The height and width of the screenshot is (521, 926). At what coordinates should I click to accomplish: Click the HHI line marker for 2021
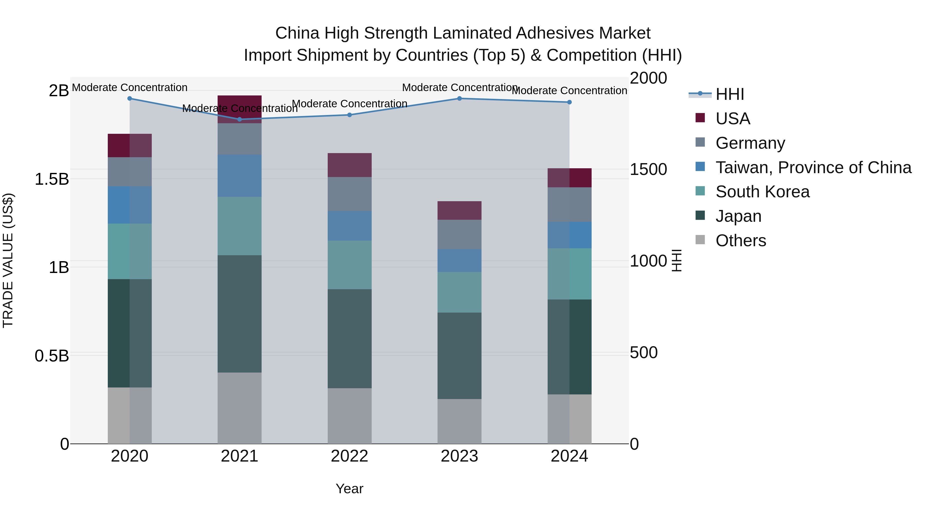(x=239, y=119)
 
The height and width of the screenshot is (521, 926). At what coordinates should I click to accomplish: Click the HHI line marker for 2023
(x=459, y=99)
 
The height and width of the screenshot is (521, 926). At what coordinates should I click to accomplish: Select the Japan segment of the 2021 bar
(x=239, y=314)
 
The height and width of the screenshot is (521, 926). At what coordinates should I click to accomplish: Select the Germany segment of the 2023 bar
(x=459, y=234)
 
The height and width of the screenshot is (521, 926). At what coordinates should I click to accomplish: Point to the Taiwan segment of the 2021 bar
(x=239, y=175)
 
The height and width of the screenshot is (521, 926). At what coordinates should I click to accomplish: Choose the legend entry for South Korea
(x=762, y=192)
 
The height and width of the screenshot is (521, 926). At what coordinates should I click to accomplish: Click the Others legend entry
(x=741, y=241)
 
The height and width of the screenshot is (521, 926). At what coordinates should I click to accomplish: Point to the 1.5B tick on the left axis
(x=51, y=179)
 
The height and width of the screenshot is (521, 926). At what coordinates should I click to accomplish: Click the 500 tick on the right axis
(x=644, y=353)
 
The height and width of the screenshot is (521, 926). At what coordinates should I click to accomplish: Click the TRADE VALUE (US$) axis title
(x=8, y=260)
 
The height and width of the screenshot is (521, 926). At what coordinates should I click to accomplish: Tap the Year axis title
(x=349, y=489)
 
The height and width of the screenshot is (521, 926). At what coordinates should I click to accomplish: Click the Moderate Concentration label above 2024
(x=569, y=91)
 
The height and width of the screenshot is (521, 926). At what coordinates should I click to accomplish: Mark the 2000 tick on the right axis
(x=648, y=78)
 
